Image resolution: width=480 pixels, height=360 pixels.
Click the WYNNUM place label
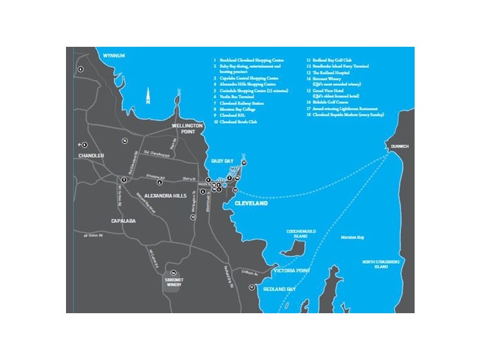[x=114, y=56]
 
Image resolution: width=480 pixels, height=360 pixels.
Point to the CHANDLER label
[x=91, y=155]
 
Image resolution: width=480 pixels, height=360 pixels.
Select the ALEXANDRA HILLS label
[x=166, y=196]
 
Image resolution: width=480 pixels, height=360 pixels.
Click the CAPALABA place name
[x=124, y=221]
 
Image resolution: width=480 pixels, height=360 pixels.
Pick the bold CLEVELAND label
[x=251, y=203]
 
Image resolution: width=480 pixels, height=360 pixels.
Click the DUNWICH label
[x=399, y=146]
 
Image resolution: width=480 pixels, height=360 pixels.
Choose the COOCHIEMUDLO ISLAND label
[x=297, y=235]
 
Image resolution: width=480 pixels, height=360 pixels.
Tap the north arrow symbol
[x=149, y=95]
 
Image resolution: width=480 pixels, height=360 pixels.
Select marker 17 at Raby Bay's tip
[x=244, y=163]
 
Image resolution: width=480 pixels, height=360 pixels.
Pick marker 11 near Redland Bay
[x=252, y=287]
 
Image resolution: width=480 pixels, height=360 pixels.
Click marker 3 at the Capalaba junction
[x=124, y=179]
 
